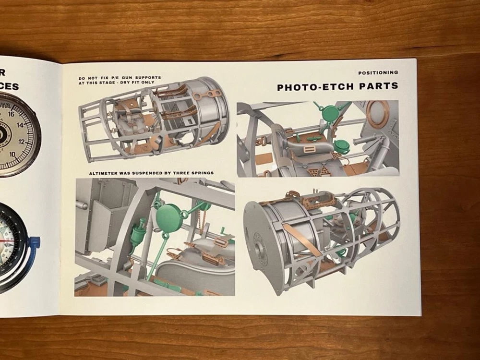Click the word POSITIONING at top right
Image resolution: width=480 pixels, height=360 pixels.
click(378, 73)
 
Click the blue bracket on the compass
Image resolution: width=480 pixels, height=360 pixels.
click(35, 242)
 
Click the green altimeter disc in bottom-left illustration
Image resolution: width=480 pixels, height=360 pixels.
click(168, 217)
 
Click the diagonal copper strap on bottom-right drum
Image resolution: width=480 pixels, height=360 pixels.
click(303, 240)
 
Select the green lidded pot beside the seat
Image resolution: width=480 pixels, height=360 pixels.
click(342, 146)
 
